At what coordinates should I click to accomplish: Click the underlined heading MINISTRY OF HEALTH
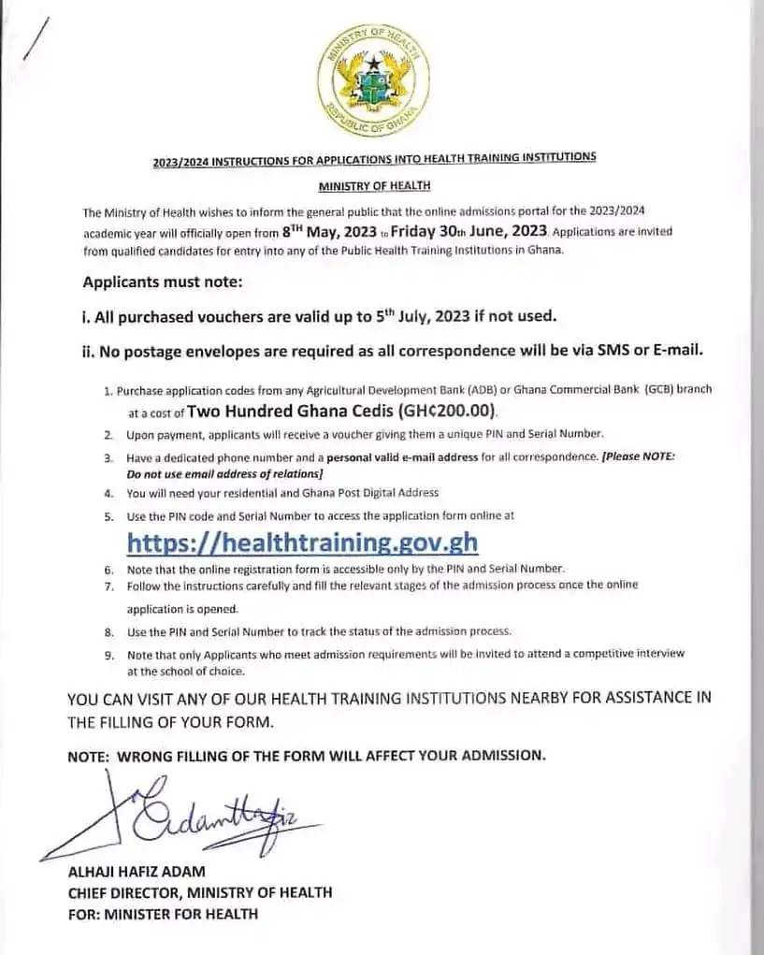point(373,187)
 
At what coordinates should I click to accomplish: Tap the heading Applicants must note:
point(163,282)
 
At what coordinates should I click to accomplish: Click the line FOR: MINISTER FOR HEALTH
point(163,913)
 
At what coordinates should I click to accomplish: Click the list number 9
point(108,655)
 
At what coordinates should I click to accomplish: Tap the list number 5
point(108,516)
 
